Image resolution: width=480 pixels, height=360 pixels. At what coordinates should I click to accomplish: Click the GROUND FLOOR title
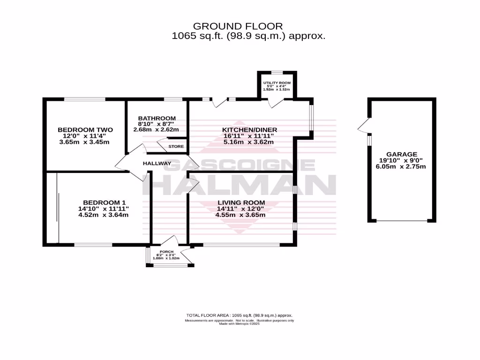tap(238, 26)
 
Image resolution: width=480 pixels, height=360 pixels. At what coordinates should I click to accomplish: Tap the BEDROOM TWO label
tap(83, 130)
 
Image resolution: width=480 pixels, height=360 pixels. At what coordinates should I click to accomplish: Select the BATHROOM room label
tap(157, 118)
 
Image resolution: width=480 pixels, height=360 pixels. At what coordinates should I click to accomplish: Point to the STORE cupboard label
tap(176, 146)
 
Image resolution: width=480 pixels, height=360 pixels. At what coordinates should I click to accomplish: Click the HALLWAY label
tap(157, 163)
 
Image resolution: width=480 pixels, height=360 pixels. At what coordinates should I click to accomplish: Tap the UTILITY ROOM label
tap(277, 82)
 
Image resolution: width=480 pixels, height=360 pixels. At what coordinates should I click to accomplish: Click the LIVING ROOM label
tap(240, 203)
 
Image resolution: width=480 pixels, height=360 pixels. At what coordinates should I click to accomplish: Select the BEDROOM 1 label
tap(103, 203)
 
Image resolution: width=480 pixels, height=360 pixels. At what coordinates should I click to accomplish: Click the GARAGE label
tap(401, 154)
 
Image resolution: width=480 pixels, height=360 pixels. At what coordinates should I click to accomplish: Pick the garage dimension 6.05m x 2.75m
tap(401, 167)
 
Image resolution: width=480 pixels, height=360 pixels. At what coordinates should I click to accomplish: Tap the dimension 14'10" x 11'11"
tap(103, 209)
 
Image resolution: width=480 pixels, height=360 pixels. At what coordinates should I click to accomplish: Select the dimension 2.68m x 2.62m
tap(157, 130)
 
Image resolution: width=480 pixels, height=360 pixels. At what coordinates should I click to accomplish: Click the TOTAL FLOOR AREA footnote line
tap(240, 315)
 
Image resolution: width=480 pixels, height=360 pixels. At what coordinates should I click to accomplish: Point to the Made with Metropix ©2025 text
tap(240, 323)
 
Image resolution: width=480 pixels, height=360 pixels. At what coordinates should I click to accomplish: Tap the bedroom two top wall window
tap(85, 99)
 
